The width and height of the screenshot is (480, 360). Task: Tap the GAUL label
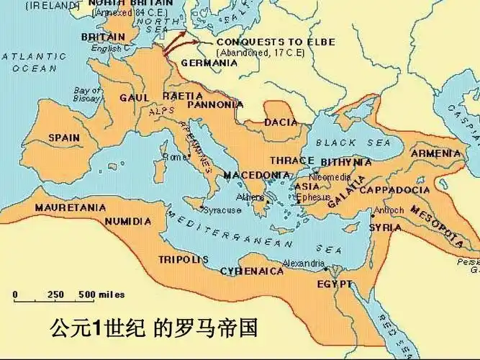(x=134, y=98)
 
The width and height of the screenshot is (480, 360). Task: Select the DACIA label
(x=281, y=122)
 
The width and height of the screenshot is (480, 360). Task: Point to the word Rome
(x=174, y=157)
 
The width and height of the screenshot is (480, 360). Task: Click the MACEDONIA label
(x=256, y=175)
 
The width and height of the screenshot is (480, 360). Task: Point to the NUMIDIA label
(x=127, y=222)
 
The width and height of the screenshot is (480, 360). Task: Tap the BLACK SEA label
(x=341, y=142)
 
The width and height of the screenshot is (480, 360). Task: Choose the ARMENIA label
(x=435, y=153)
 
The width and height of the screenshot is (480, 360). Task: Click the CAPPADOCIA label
(x=394, y=190)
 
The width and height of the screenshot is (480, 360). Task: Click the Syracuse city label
(x=221, y=210)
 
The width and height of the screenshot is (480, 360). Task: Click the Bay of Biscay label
(x=87, y=94)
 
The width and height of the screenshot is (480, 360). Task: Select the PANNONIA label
(x=214, y=104)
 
